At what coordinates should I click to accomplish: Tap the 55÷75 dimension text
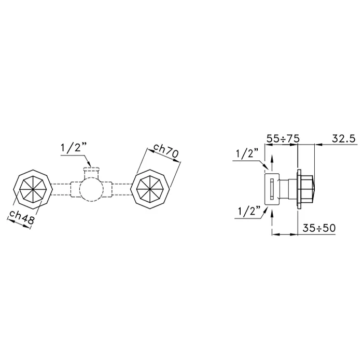(283, 139)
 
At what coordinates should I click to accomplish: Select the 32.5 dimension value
(343, 138)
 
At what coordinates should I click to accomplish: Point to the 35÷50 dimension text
(319, 228)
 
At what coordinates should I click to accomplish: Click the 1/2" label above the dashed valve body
(74, 148)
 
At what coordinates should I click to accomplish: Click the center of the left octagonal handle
(33, 189)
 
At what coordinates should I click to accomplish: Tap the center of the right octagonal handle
(150, 189)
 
